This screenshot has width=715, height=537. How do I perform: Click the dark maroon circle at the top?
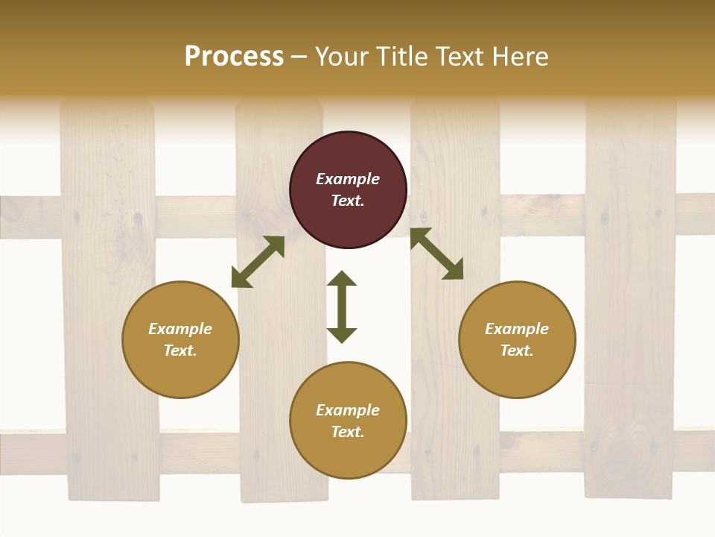[348, 190]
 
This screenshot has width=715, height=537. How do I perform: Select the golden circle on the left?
[180, 339]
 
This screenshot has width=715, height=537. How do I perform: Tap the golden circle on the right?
[517, 339]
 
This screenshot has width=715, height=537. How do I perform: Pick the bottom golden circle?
[348, 420]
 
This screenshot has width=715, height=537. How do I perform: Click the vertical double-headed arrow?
[342, 307]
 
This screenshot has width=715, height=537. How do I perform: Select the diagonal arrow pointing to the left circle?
[258, 262]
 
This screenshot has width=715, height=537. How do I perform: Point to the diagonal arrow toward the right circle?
[436, 254]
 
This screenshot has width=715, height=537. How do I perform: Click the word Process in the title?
[234, 56]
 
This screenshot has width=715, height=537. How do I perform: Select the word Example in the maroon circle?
[348, 179]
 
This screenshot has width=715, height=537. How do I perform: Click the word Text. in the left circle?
[180, 351]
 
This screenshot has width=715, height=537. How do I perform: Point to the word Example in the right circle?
[517, 328]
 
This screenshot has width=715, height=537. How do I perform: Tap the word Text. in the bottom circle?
[348, 432]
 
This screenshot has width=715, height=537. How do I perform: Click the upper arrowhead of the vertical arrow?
[342, 279]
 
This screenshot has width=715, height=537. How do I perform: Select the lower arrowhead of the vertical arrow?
[342, 335]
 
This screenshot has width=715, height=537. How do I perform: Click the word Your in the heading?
[341, 56]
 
